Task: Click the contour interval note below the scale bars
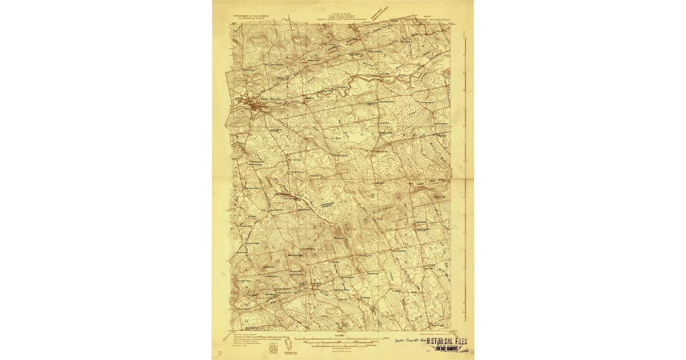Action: click(342, 350)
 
